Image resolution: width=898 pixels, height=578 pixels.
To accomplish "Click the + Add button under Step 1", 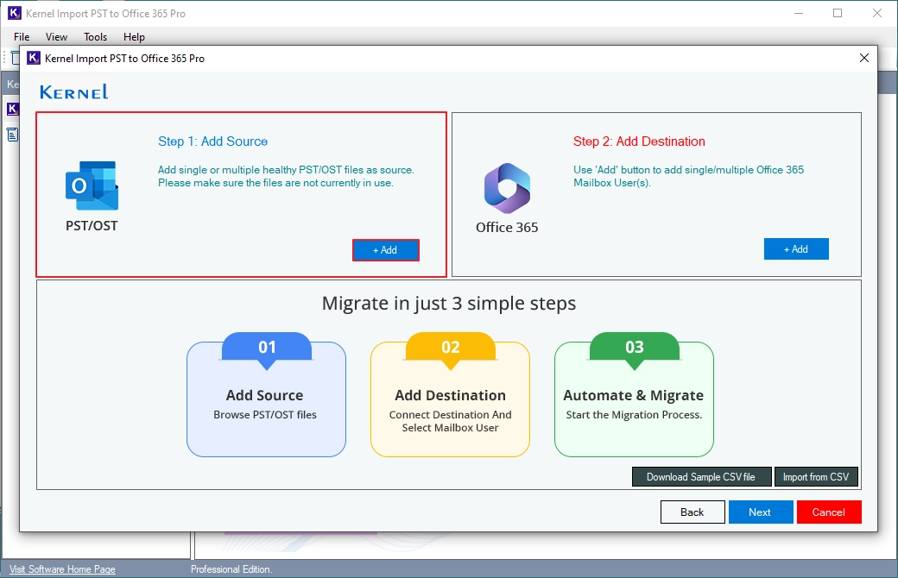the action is pyautogui.click(x=385, y=250).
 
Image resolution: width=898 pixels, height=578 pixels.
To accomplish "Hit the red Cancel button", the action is pyautogui.click(x=829, y=512).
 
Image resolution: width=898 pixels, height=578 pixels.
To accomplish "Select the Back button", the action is pyautogui.click(x=692, y=512).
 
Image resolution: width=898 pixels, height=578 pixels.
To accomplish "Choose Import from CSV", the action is pyautogui.click(x=816, y=477).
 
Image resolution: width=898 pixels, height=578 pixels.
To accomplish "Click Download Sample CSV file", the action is pyautogui.click(x=701, y=477).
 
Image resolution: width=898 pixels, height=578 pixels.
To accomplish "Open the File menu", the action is pyautogui.click(x=22, y=36).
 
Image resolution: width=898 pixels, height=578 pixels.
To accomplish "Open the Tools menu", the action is pyautogui.click(x=96, y=36).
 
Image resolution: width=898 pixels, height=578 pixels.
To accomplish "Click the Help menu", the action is pyautogui.click(x=134, y=36).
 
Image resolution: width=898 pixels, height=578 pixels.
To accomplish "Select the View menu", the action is pyautogui.click(x=57, y=36).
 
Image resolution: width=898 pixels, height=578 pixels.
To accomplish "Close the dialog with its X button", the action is pyautogui.click(x=864, y=58).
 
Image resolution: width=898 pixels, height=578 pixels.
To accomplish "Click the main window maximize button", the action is pyautogui.click(x=838, y=13).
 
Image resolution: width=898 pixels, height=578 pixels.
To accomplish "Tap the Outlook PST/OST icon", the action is pyautogui.click(x=92, y=185).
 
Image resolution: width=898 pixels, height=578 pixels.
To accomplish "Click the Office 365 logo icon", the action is pyautogui.click(x=507, y=188).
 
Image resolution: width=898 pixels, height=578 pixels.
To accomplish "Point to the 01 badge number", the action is pyautogui.click(x=267, y=348).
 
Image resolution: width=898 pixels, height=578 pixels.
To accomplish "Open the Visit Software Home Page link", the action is pyautogui.click(x=62, y=569).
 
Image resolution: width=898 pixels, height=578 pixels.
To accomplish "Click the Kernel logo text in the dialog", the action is pyautogui.click(x=74, y=91).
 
